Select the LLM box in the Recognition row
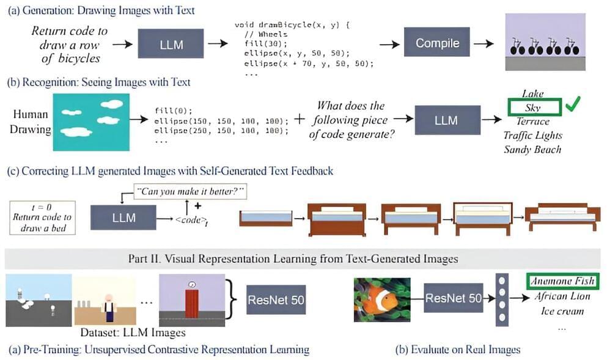point(446,120)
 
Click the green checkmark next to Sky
point(572,106)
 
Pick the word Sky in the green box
point(532,108)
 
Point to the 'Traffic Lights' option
point(532,135)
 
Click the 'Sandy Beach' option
point(532,149)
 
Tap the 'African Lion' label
point(562,296)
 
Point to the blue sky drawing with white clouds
point(91,122)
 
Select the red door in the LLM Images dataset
point(192,302)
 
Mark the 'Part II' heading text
point(293,259)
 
